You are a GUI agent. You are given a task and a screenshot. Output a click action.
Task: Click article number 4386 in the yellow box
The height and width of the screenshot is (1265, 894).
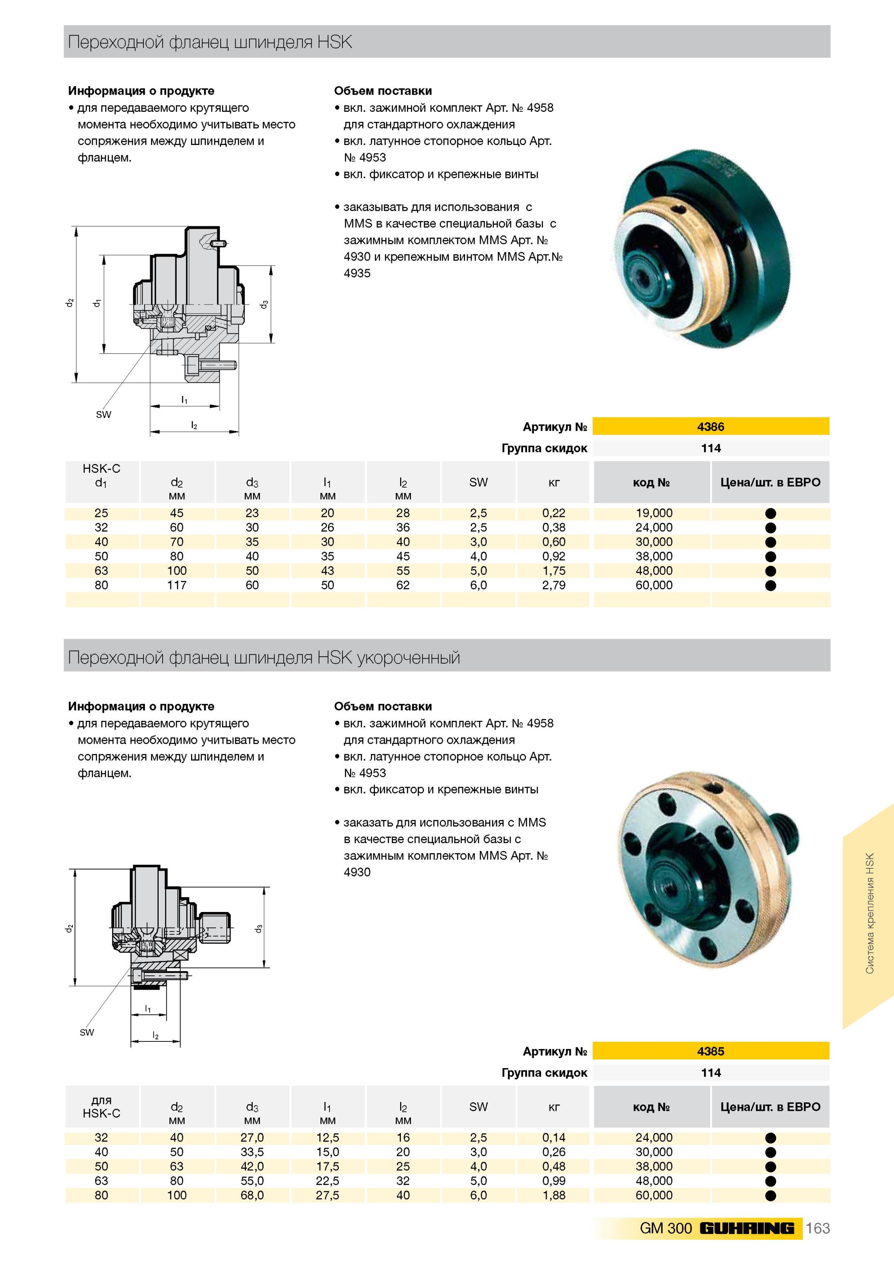coord(710,426)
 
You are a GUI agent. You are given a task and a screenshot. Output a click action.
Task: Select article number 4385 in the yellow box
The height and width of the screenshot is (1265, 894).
coord(710,1051)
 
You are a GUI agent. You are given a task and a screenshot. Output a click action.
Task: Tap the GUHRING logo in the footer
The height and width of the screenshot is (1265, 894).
coord(747,1228)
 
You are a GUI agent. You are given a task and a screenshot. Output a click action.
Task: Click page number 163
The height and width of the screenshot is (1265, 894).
coord(817,1228)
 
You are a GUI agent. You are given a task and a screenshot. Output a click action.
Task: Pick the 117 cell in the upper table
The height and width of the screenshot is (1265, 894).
coord(177,585)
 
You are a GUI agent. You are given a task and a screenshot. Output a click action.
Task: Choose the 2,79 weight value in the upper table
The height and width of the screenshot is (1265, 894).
coord(554,585)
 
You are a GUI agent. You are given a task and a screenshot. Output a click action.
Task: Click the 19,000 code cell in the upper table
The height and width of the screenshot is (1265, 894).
coord(654,513)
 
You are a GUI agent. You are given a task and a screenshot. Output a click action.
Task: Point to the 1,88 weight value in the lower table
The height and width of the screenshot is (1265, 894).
coord(554,1195)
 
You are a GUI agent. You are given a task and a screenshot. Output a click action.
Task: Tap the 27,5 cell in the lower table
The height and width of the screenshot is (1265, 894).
coord(327,1195)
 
